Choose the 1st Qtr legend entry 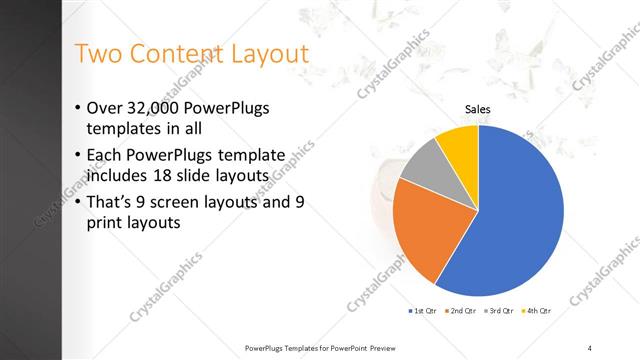pyautogui.click(x=422, y=313)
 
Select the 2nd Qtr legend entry pyautogui.click(x=460, y=313)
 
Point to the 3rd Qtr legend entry pyautogui.click(x=499, y=313)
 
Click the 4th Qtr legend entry pyautogui.click(x=537, y=313)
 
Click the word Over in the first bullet pyautogui.click(x=105, y=108)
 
